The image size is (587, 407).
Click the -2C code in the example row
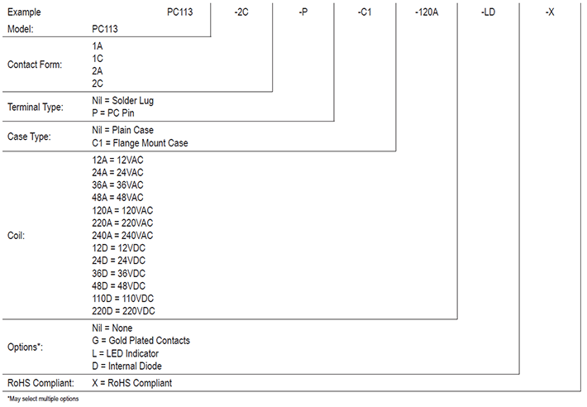pos(242,12)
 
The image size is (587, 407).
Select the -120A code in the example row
pos(427,12)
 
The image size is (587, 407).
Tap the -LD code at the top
pos(488,12)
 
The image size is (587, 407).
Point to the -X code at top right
pos(551,12)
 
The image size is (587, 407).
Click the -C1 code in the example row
pos(365,12)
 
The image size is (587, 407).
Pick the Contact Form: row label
pos(34,65)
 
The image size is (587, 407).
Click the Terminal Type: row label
pos(37,107)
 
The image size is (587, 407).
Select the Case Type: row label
pos(30,136)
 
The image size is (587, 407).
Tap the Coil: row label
pos(16,236)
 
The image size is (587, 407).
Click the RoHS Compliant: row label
pos(41,383)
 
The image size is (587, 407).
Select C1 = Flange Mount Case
pos(140,143)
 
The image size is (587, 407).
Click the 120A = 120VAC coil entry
pos(122,210)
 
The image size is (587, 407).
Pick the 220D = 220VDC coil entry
pos(123,311)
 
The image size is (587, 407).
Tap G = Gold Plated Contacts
pos(141,340)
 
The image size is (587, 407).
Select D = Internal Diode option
pos(126,366)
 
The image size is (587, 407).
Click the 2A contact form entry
pos(98,71)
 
